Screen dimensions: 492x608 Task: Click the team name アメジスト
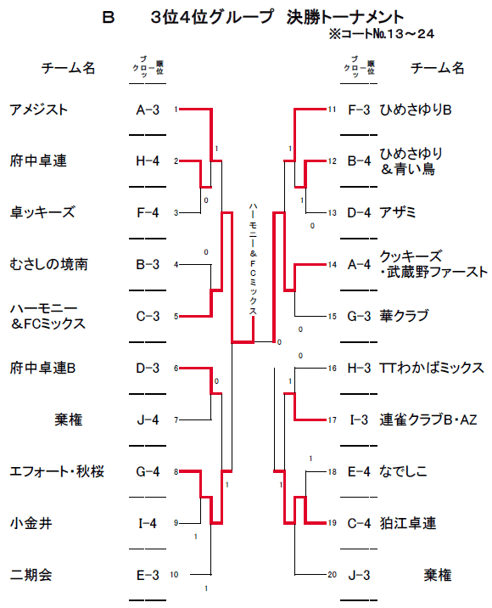39,110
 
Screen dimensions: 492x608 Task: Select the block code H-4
148,161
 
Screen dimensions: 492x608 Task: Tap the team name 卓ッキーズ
42,212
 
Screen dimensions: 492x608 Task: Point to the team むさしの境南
49,264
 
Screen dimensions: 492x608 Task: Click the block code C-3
148,317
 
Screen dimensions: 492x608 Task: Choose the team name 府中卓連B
42,368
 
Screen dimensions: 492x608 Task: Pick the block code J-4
148,420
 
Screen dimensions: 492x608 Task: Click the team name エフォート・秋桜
57,471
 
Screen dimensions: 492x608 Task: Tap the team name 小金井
31,523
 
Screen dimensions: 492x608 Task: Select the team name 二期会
31,575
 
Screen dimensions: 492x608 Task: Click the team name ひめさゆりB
416,110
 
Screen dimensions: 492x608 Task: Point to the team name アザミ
398,212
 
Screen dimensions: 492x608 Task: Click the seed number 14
332,265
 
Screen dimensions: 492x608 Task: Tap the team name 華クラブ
404,316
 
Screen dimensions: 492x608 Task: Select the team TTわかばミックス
432,368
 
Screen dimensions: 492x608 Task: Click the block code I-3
359,420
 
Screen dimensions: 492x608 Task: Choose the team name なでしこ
403,471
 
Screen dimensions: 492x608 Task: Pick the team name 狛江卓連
408,523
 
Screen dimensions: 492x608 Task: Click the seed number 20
332,575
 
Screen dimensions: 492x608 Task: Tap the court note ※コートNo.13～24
382,34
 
